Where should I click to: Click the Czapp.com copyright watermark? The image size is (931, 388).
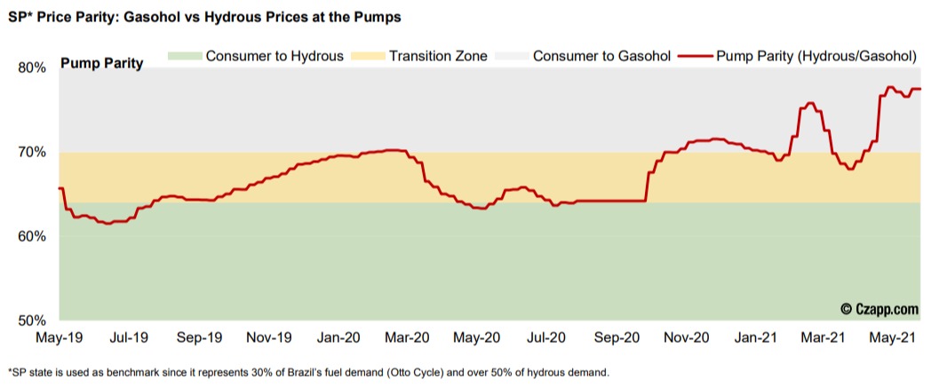(879, 309)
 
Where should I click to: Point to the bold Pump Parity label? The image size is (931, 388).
(101, 64)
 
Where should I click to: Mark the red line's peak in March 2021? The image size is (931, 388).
(810, 103)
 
